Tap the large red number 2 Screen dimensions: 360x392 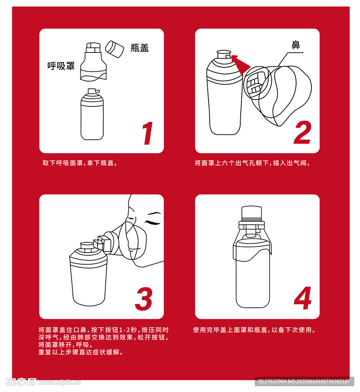[303, 132]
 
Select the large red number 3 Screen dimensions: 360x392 [144, 299]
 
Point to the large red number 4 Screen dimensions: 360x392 [303, 298]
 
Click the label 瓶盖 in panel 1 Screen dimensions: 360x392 [140, 47]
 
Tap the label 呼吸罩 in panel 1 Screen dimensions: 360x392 [61, 66]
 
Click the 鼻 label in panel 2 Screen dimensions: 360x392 [296, 45]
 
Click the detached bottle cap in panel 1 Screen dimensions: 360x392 [115, 49]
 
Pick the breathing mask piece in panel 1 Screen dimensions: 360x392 [93, 62]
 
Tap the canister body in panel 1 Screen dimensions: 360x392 [92, 114]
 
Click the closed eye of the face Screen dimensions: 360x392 [152, 222]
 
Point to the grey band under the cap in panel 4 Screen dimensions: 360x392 [252, 219]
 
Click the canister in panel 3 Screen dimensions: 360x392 [88, 274]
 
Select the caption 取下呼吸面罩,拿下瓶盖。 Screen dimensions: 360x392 [80, 163]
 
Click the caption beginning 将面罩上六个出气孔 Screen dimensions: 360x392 [252, 163]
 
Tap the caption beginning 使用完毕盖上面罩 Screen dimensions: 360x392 [254, 330]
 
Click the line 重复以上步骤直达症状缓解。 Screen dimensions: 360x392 [81, 352]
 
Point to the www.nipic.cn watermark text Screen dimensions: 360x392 [60, 382]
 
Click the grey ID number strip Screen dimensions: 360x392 [304, 382]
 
